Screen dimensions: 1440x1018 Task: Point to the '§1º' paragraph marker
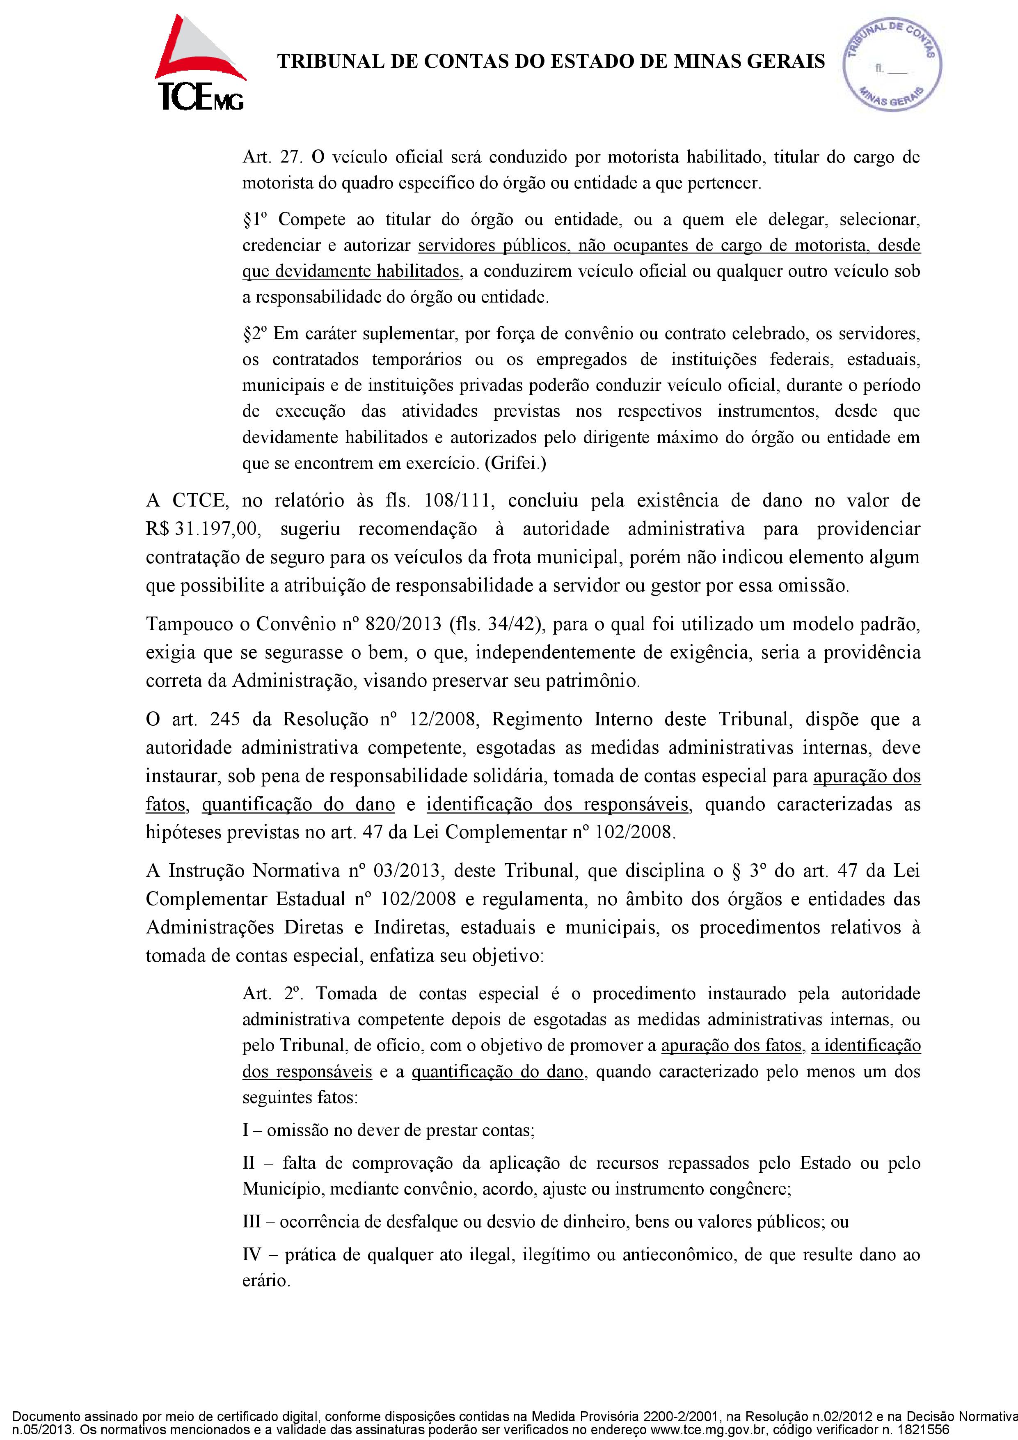pyautogui.click(x=255, y=220)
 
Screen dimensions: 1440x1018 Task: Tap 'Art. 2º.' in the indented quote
pyautogui.click(x=274, y=993)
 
